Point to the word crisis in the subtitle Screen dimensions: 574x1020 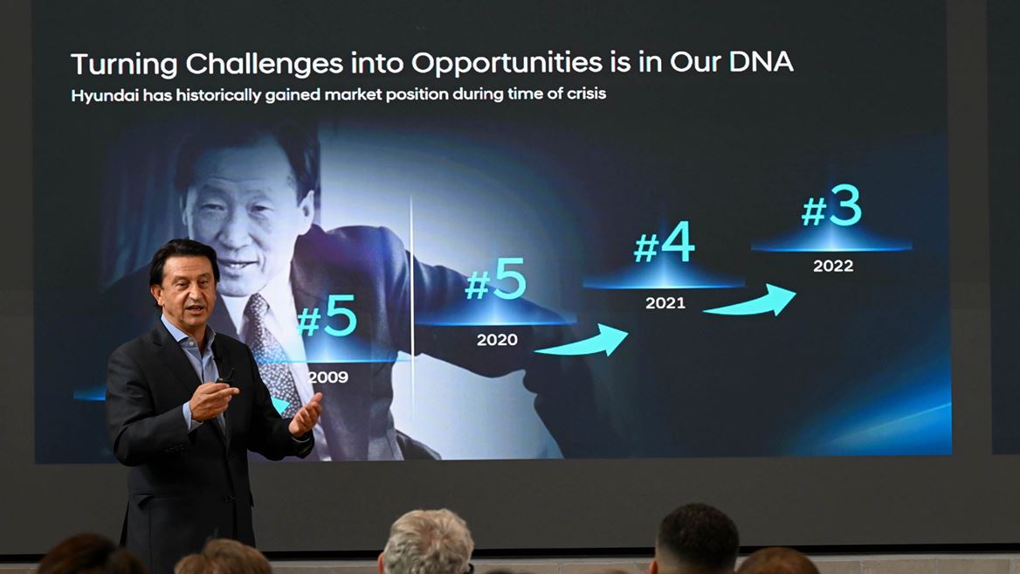[584, 95]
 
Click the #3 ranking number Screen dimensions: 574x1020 [831, 211]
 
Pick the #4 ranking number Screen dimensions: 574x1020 [664, 247]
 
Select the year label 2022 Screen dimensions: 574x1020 [832, 266]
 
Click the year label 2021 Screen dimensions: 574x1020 [665, 303]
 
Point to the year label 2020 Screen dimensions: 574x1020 [497, 340]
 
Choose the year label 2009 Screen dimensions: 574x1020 [327, 377]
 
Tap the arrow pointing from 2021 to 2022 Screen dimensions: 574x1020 [750, 301]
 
